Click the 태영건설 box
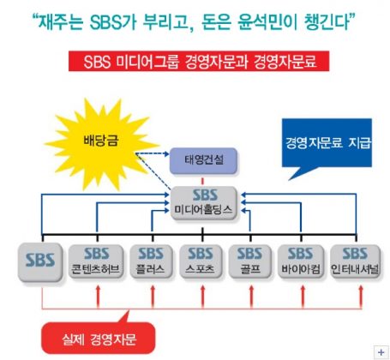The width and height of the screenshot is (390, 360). [x=203, y=160]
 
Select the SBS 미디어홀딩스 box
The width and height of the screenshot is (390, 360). [x=204, y=203]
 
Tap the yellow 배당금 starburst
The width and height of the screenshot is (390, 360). [x=101, y=144]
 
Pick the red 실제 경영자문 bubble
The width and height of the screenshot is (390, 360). [x=99, y=338]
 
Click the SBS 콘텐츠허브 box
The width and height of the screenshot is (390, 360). [x=96, y=261]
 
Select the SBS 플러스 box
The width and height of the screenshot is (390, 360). [x=151, y=261]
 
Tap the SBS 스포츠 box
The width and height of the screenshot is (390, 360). [x=201, y=261]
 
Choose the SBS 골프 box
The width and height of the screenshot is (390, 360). [x=250, y=261]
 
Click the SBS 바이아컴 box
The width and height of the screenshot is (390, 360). [x=301, y=261]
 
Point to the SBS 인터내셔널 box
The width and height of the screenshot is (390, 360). [x=355, y=261]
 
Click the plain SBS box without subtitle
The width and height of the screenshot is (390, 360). [x=40, y=261]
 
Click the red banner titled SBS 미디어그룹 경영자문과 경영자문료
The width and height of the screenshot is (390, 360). [x=199, y=61]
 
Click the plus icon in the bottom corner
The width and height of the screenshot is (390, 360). [x=381, y=352]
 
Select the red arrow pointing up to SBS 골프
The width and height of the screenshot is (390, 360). [x=251, y=297]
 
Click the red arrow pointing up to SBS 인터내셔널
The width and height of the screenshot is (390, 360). [x=360, y=297]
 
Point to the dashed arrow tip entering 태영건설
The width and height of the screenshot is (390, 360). [x=169, y=154]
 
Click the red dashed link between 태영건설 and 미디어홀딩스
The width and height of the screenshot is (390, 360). [x=202, y=180]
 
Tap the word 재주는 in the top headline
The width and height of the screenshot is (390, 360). [x=61, y=21]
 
